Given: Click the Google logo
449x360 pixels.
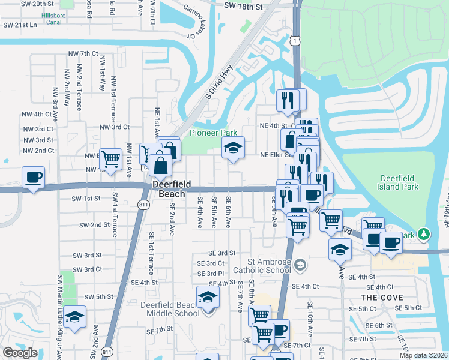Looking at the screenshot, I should click(20, 353).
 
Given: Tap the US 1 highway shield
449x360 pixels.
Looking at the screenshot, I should click(294, 40).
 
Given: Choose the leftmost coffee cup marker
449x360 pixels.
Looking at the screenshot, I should click(33, 178).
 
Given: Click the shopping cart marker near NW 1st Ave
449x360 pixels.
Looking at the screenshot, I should click(111, 159).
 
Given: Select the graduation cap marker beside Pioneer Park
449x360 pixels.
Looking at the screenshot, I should click(233, 148).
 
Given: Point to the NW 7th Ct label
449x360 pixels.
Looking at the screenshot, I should click(83, 53).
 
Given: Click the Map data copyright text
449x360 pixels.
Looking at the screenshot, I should click(424, 355).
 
